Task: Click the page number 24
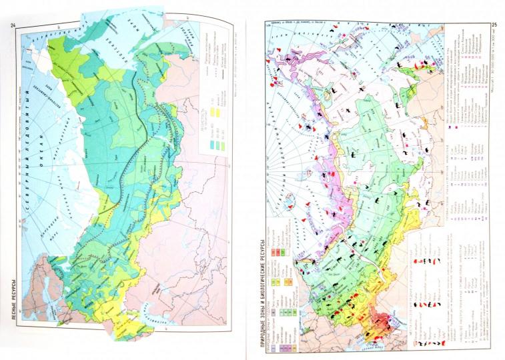(11, 26)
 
